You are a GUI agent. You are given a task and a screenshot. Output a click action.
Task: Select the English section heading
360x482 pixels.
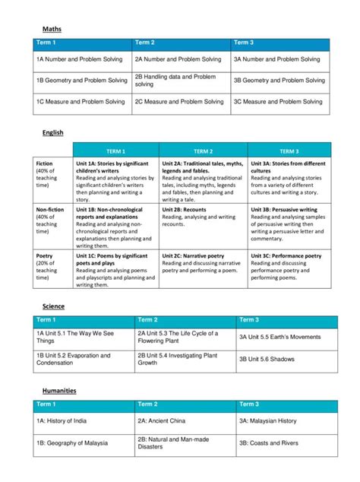[52, 133]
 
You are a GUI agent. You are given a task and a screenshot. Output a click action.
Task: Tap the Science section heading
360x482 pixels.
[53, 306]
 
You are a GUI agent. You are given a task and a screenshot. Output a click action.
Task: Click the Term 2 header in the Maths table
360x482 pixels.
[145, 43]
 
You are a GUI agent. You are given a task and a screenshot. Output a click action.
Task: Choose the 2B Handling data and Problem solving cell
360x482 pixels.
[180, 80]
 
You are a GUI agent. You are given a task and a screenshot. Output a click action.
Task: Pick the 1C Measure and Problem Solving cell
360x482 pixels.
[82, 101]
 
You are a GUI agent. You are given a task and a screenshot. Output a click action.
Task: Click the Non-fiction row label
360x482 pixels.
[49, 217]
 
